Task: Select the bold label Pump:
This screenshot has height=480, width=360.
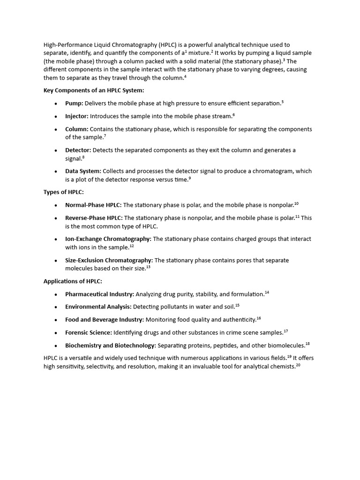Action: pos(74,103)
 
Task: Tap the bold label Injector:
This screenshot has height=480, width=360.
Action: pos(77,116)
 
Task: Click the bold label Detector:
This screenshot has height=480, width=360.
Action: pos(78,150)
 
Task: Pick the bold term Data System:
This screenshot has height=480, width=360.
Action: pos(83,171)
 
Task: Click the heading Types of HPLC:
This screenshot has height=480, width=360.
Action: pos(63,192)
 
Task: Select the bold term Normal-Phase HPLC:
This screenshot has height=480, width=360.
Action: pos(93,205)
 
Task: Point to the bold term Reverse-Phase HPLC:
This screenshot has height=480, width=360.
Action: pos(94,217)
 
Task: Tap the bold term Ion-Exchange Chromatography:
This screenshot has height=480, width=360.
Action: pos(108,239)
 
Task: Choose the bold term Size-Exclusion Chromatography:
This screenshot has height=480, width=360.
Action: pos(109,260)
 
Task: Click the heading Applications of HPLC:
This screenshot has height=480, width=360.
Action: pos(73,281)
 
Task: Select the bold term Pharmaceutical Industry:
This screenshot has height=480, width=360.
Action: pos(100,294)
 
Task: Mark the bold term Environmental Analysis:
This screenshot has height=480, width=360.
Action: pos(98,307)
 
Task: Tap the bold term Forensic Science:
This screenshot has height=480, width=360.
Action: pos(89,332)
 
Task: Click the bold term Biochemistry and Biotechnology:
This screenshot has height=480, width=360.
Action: pos(111,345)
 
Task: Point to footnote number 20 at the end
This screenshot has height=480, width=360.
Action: pos(298,365)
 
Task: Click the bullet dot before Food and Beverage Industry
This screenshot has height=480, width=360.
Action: pos(56,320)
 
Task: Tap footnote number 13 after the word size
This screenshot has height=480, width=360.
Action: pos(148,267)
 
